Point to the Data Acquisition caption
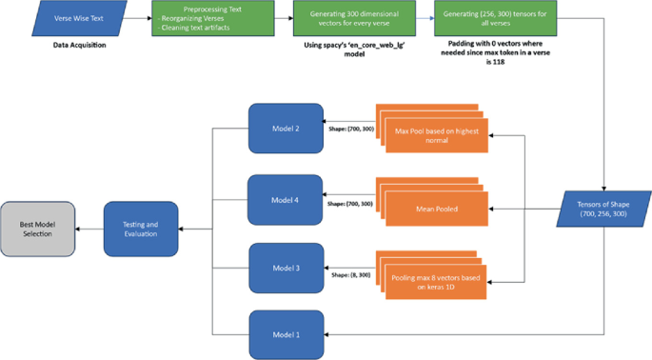click(x=81, y=46)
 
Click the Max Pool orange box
click(x=435, y=133)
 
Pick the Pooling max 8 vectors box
click(x=435, y=282)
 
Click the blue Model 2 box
click(x=282, y=127)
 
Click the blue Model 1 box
click(x=282, y=334)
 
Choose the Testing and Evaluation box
click(x=141, y=229)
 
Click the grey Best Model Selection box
click(x=37, y=229)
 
